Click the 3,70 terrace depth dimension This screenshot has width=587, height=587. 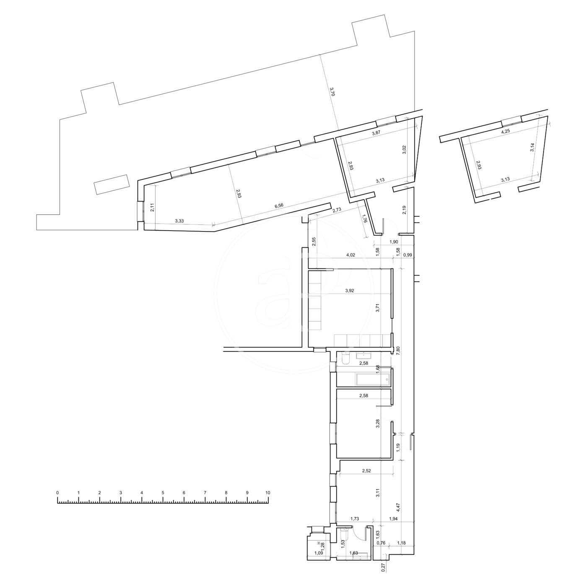tap(332, 91)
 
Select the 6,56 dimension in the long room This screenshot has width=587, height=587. tap(279, 205)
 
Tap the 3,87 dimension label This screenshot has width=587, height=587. tap(377, 133)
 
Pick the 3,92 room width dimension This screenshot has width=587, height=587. tap(349, 291)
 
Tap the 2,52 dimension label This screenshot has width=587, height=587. tap(366, 470)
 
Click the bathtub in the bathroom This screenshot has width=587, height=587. tap(373, 379)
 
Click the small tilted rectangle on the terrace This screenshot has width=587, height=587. tap(112, 184)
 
